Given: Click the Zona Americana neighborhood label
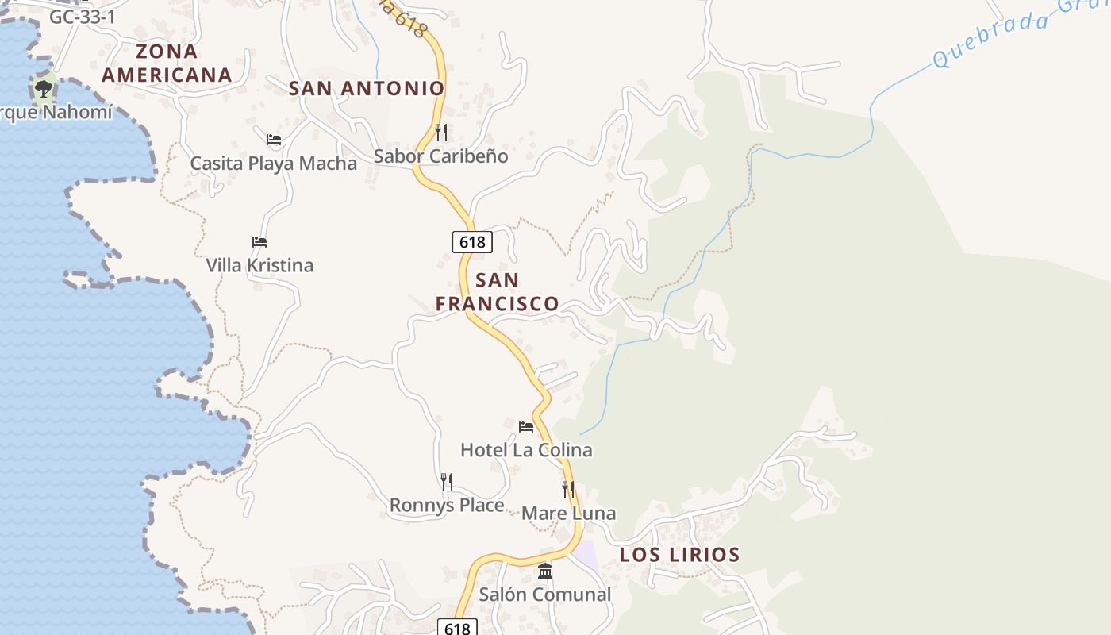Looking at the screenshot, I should [x=167, y=63].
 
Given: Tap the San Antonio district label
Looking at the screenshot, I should [x=366, y=88].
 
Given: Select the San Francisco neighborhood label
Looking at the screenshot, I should [x=498, y=291].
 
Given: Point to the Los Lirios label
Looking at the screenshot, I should [x=679, y=555].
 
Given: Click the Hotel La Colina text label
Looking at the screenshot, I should [x=526, y=450].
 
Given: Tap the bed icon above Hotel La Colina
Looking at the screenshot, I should [x=526, y=427].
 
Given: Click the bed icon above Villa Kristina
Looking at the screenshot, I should [x=259, y=242].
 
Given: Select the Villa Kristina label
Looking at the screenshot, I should [x=259, y=265].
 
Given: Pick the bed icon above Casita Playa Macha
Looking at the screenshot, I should [x=274, y=140].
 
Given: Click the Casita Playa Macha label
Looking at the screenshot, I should [x=274, y=164].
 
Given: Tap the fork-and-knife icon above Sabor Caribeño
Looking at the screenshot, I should [x=441, y=132].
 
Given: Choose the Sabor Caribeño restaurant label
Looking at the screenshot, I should [x=440, y=156].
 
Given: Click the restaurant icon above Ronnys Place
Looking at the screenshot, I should [x=447, y=481].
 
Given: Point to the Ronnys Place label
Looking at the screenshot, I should [x=447, y=506].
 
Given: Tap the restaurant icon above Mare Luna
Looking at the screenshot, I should [x=568, y=489].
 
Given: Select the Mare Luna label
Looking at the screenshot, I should [x=568, y=514].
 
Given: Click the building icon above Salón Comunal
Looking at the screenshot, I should [x=545, y=571].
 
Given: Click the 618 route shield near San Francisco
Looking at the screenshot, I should [x=472, y=241].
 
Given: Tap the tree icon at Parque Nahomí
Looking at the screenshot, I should [x=43, y=88].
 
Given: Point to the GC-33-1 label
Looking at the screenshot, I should [x=83, y=17].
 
